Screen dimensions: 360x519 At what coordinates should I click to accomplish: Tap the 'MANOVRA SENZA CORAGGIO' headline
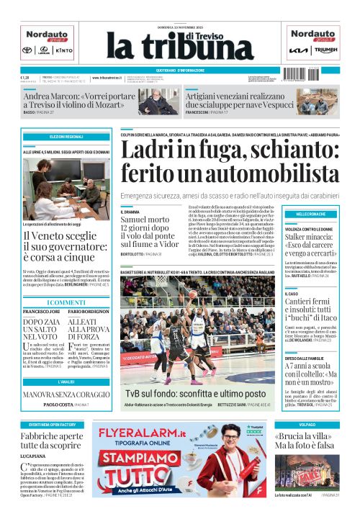[66, 395]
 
